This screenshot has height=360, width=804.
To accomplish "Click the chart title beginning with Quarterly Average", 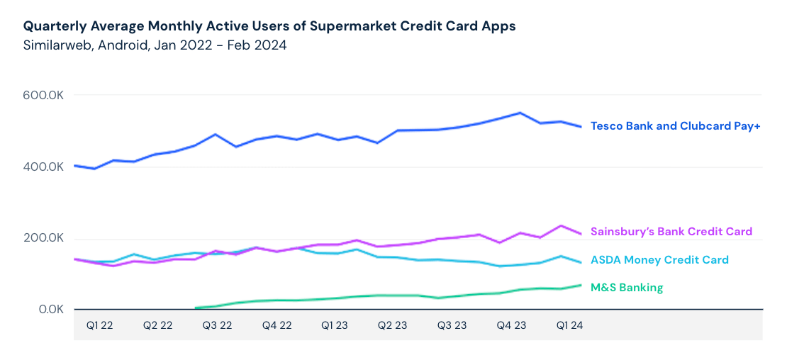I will pyautogui.click(x=269, y=26).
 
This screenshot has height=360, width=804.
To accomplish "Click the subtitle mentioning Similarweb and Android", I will pyautogui.click(x=155, y=45).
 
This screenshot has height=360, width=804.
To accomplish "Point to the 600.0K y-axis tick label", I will pyautogui.click(x=45, y=96).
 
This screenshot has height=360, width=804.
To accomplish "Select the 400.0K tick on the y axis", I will pyautogui.click(x=45, y=167).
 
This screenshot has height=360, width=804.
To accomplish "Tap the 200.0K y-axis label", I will pyautogui.click(x=45, y=239).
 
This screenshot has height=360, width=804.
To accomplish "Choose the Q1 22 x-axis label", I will pyautogui.click(x=99, y=325).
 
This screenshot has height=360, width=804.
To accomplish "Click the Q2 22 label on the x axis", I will pyautogui.click(x=158, y=325).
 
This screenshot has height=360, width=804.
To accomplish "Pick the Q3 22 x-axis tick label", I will pyautogui.click(x=217, y=325).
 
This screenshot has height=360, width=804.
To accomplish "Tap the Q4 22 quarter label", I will pyautogui.click(x=277, y=325).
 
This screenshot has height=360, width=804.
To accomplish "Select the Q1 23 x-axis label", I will pyautogui.click(x=335, y=325).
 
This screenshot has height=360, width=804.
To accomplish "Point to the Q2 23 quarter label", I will pyautogui.click(x=393, y=325).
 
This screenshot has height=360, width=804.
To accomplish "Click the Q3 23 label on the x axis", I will pyautogui.click(x=452, y=325).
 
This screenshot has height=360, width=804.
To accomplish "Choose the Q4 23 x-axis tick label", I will pyautogui.click(x=511, y=325).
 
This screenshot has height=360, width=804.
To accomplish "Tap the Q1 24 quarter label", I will pyautogui.click(x=570, y=325).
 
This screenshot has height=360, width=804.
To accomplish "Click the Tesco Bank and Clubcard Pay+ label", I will pyautogui.click(x=675, y=126).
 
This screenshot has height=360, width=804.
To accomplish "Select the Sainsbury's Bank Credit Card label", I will pyautogui.click(x=671, y=232).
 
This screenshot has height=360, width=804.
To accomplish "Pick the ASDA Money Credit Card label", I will pyautogui.click(x=659, y=260).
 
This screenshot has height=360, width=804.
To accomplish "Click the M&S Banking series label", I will pyautogui.click(x=627, y=288).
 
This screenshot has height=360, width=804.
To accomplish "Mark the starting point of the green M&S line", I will pyautogui.click(x=196, y=308).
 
